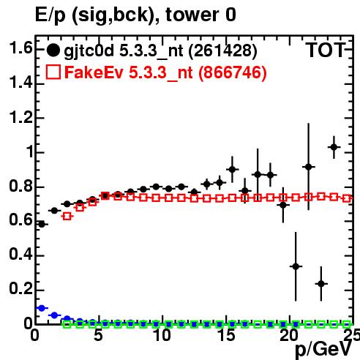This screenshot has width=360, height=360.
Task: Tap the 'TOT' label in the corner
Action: tap(326, 50)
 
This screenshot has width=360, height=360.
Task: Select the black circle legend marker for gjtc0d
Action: tap(53, 50)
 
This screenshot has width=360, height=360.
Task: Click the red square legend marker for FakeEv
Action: tap(53, 72)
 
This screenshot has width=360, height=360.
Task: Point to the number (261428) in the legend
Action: tap(222, 50)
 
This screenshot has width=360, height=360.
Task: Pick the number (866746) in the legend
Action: tap(232, 72)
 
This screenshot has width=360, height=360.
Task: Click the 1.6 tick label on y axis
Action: tap(20, 48)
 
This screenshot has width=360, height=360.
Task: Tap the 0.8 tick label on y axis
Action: tap(20, 186)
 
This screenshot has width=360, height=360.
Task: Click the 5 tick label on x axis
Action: tap(98, 335)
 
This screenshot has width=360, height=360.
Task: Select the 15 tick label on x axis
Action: tap(227, 335)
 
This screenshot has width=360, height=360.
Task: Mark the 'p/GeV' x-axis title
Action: tap(323, 350)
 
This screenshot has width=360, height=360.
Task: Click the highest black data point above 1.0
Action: tap(334, 147)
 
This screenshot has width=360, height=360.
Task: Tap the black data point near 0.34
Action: tap(296, 266)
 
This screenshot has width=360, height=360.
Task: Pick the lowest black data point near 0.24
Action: tap(321, 284)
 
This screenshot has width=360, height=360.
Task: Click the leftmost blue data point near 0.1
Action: tap(42, 308)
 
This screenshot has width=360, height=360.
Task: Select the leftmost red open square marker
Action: tap(67, 216)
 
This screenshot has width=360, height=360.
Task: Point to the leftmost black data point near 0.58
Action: tap(42, 224)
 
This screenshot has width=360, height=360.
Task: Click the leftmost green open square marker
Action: tap(67, 324)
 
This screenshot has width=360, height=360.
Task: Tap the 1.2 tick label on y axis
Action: tap(20, 117)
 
